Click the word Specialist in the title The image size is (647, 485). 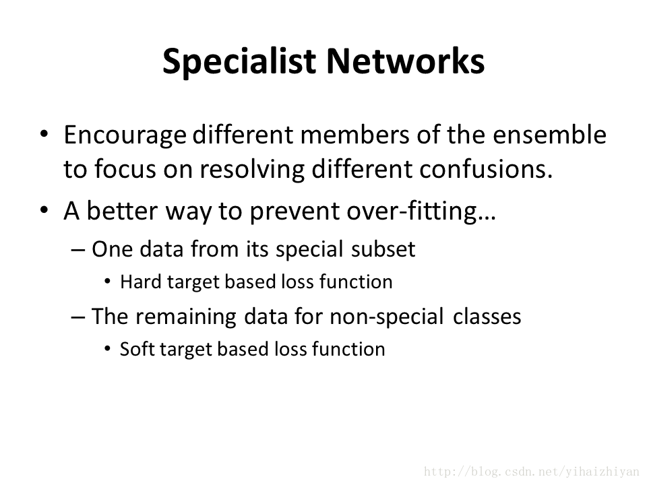pos(239,62)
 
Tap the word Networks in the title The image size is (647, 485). pos(406,61)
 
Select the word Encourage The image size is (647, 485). pos(125,135)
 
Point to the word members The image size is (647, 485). pos(355,135)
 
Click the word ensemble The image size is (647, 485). pos(549,135)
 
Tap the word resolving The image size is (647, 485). pos(252,170)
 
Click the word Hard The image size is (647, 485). pos(141,282)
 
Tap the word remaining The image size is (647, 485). pos(186,317)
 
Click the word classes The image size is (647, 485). pos(487,317)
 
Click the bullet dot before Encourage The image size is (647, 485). pos(44,134)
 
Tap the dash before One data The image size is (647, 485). pos(78,250)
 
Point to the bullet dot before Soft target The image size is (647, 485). pos(107,349)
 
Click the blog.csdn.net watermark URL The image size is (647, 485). pos(532,472)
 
